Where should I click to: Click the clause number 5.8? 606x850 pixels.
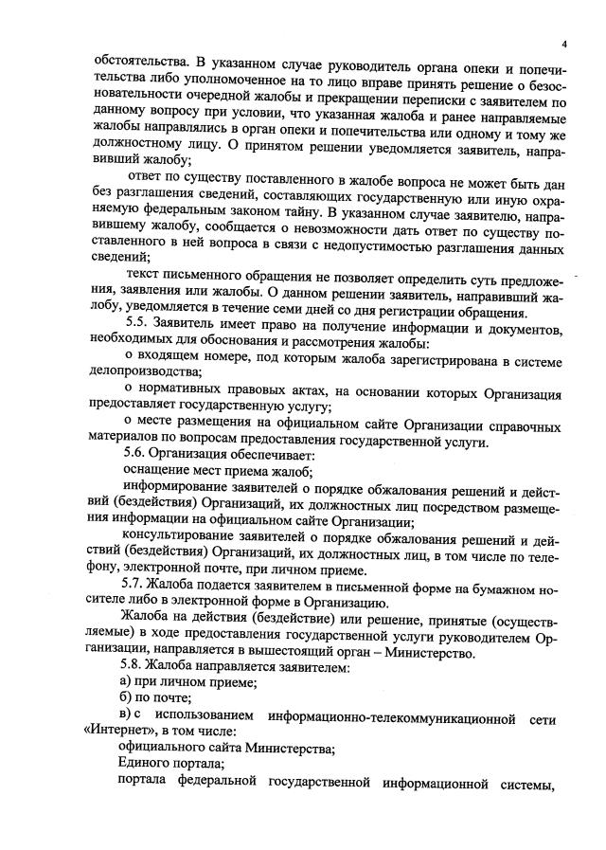click(x=137, y=669)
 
